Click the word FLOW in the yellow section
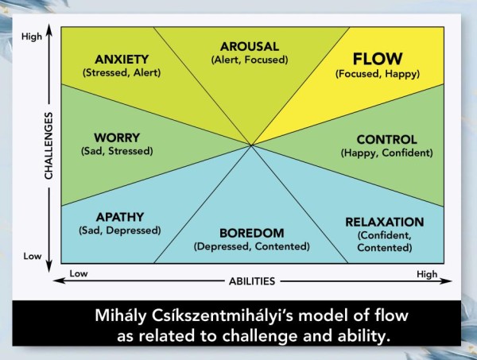tap(378, 59)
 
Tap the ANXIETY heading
tap(122, 60)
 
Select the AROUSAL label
tap(250, 47)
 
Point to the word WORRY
tap(117, 137)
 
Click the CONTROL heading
tap(386, 140)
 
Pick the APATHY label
tap(120, 217)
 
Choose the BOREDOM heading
tap(251, 233)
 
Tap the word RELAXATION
tap(385, 222)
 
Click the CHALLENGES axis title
tap(48, 145)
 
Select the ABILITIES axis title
tap(252, 281)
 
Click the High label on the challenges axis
tap(32, 37)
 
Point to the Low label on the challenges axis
tap(33, 257)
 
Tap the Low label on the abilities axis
tap(79, 273)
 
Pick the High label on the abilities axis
tap(427, 274)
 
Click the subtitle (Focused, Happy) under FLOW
tap(378, 74)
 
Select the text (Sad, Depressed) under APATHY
tap(120, 230)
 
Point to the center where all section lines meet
tap(251, 145)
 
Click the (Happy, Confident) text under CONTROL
tap(386, 153)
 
